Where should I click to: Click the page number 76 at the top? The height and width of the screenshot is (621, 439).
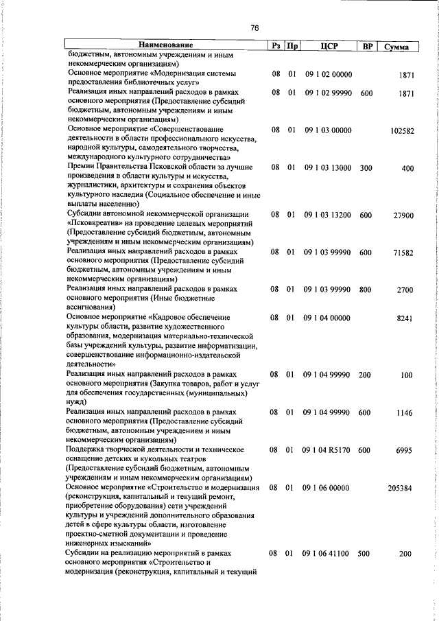[254, 28]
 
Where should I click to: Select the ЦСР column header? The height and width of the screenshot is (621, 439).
[327, 46]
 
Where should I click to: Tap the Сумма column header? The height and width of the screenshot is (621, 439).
[397, 47]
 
